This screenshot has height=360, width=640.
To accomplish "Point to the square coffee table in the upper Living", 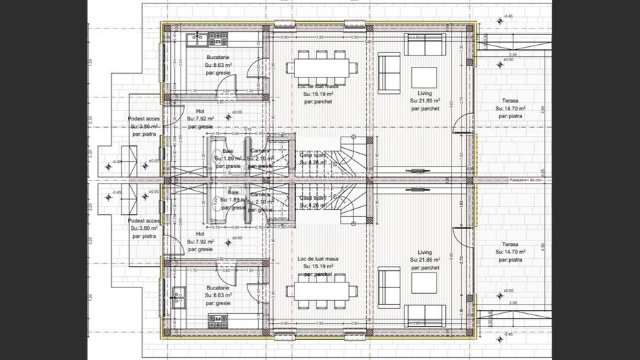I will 425,76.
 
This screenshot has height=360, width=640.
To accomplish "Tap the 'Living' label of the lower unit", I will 425,252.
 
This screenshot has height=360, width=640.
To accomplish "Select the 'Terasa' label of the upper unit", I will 508,102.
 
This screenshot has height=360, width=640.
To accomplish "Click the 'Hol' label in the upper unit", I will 200,112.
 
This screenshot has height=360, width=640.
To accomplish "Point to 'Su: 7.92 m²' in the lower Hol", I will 201,242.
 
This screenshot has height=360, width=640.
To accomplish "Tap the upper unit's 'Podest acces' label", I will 142,118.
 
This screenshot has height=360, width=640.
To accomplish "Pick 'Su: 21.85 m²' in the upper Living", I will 425,102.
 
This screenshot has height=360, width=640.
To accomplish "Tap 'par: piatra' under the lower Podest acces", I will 142,235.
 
